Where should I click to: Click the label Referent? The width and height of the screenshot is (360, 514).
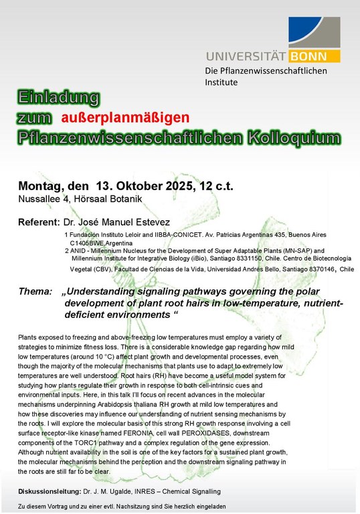(39, 222)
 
